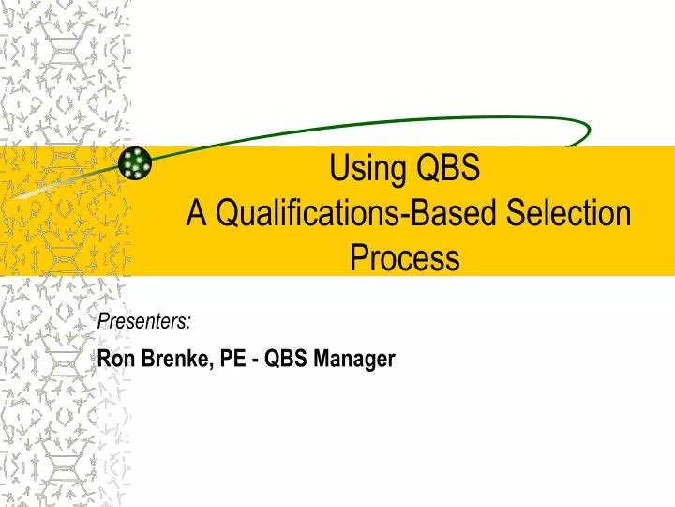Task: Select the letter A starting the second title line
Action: (x=196, y=214)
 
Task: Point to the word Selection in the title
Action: (x=571, y=214)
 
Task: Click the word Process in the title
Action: (x=405, y=256)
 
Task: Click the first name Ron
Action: (x=115, y=358)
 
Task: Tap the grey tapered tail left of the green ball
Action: (x=56, y=187)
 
